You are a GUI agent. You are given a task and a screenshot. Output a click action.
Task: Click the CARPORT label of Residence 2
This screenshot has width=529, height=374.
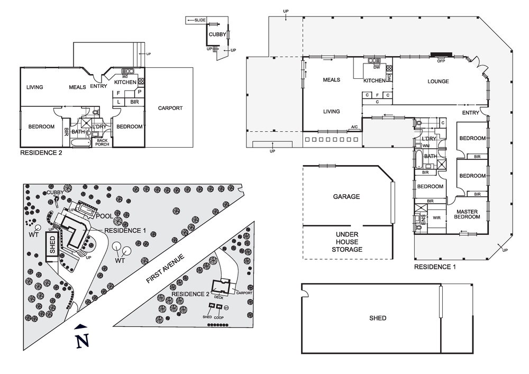click(170, 108)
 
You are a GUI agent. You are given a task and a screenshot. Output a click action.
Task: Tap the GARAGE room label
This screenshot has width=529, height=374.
click(346, 197)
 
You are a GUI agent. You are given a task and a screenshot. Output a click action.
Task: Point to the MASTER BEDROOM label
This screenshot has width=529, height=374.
click(467, 215)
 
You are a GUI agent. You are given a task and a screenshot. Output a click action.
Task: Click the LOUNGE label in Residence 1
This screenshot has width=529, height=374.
click(438, 81)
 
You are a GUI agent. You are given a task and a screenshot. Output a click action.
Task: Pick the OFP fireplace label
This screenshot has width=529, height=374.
click(441, 61)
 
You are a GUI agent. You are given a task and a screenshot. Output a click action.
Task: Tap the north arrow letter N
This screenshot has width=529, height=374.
click(81, 342)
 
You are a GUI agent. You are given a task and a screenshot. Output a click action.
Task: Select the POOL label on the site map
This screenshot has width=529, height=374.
click(104, 217)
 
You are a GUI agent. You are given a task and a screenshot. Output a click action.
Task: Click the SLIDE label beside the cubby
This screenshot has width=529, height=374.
click(199, 20)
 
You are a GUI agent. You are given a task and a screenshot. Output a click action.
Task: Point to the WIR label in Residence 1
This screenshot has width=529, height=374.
click(436, 217)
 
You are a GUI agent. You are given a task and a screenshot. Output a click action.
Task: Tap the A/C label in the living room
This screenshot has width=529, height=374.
click(354, 127)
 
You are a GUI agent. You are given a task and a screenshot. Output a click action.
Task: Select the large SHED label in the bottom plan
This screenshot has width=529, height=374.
click(377, 318)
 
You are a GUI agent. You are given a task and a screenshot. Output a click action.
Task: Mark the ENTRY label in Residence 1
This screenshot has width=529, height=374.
click(470, 113)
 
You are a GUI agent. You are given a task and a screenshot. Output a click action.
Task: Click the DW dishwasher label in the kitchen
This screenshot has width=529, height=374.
click(377, 67)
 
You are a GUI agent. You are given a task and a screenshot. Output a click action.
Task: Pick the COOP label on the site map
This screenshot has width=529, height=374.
click(218, 317)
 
